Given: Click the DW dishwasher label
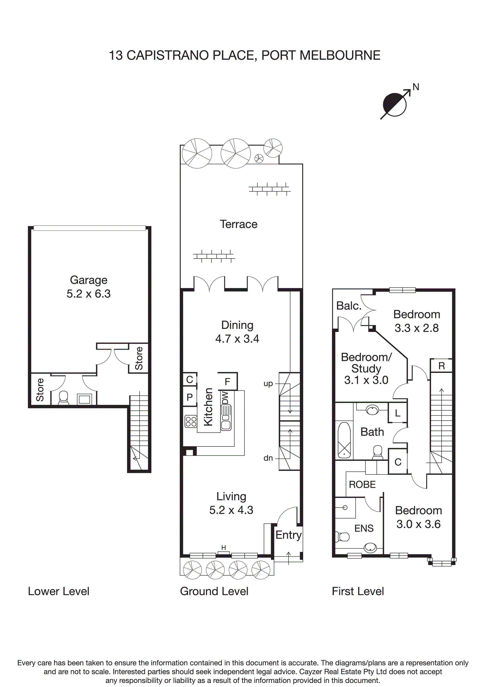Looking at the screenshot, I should (225, 398).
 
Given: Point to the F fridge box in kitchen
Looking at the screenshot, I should (227, 381).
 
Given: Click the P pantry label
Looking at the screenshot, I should (190, 397).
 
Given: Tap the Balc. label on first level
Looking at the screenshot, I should (349, 306).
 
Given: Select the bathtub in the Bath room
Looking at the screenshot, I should (344, 440).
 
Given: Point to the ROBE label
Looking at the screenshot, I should (362, 485).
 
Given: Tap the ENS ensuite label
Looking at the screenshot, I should (364, 528).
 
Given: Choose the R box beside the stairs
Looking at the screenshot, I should (441, 366).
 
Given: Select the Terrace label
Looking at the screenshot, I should (238, 224).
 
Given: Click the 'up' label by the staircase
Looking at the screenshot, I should (268, 384).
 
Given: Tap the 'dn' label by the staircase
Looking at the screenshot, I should (268, 458).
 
